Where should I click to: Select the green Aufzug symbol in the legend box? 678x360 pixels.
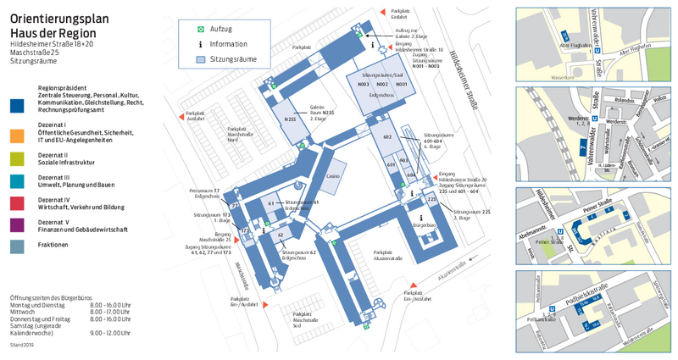(x=201, y=29)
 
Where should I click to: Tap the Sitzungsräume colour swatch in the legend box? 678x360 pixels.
(x=201, y=59)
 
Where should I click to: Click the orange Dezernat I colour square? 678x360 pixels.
(x=17, y=135)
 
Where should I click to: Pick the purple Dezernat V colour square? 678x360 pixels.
(x=17, y=224)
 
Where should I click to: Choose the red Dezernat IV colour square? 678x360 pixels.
(x=17, y=202)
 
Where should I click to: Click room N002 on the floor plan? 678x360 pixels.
(x=382, y=85)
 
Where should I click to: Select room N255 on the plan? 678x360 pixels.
(x=290, y=119)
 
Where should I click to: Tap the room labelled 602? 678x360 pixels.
(x=387, y=137)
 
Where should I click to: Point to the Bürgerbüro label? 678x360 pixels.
(x=424, y=226)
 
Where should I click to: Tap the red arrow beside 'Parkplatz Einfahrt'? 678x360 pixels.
(x=383, y=12)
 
